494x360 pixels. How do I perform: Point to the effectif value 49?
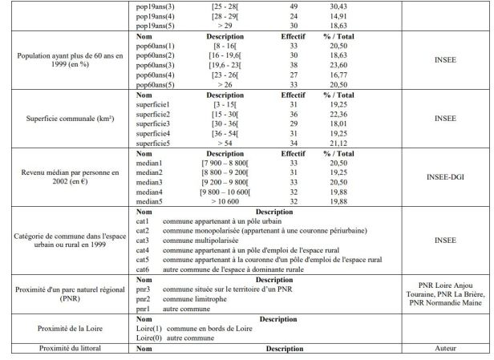(x=271, y=6)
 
